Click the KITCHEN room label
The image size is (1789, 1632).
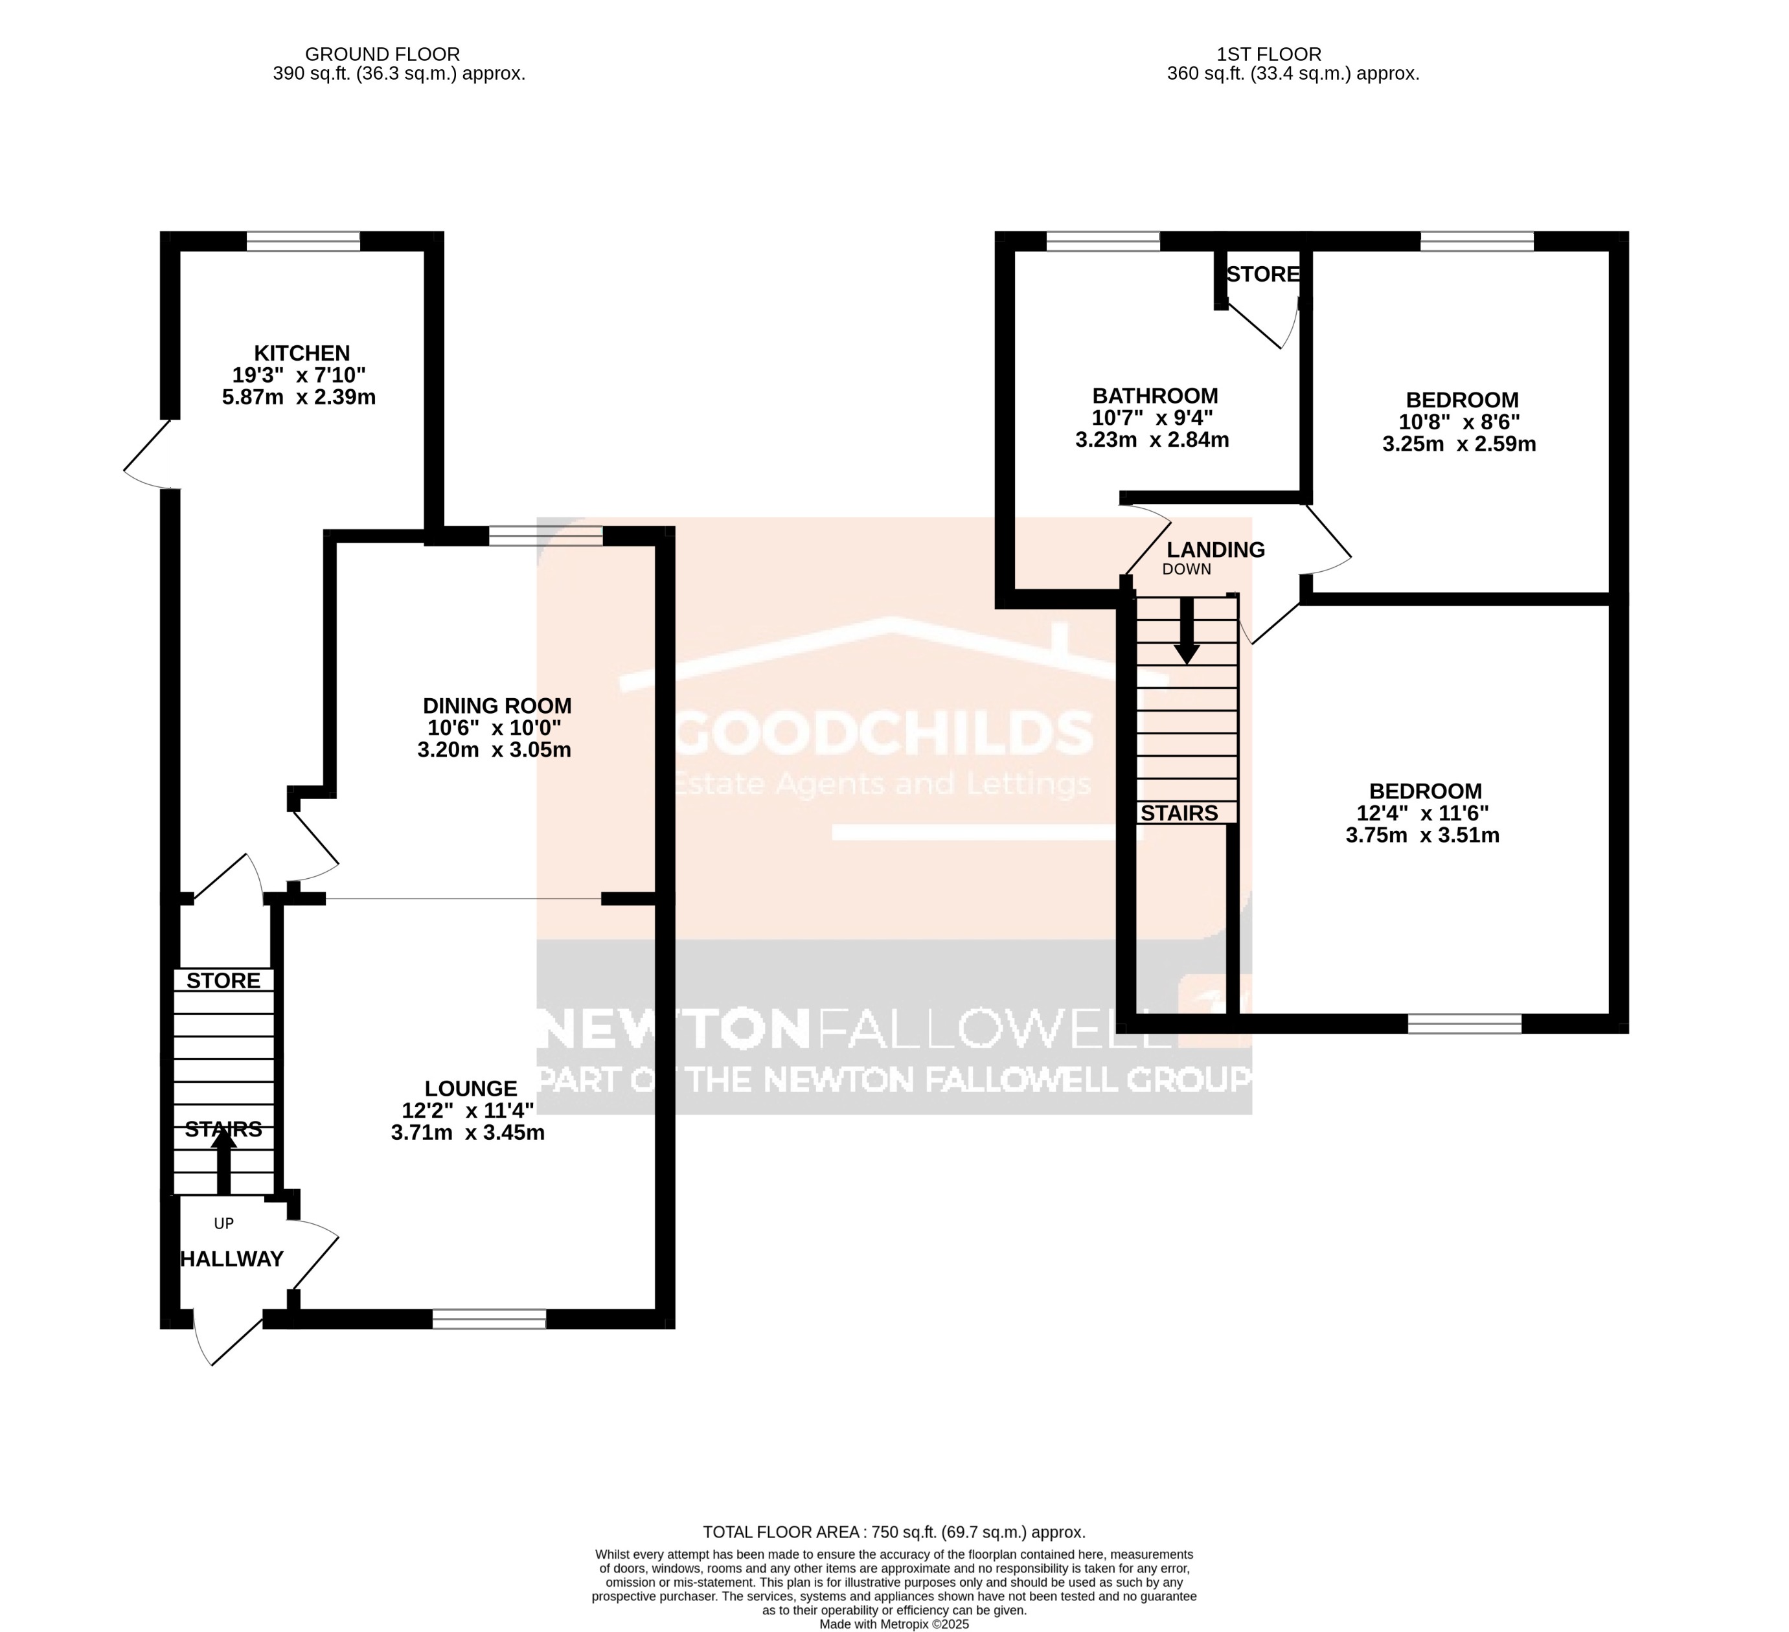pyautogui.click(x=302, y=353)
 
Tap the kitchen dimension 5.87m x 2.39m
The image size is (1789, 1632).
pyautogui.click(x=299, y=398)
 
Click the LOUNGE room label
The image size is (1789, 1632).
pyautogui.click(x=470, y=1088)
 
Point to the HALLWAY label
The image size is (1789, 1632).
pyautogui.click(x=232, y=1258)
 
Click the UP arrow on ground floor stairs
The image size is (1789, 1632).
pyautogui.click(x=223, y=1163)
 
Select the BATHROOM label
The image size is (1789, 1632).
pyautogui.click(x=1154, y=396)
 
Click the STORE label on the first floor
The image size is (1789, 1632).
pyautogui.click(x=1263, y=274)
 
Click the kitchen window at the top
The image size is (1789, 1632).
pyautogui.click(x=304, y=242)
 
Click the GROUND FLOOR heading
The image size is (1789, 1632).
pyautogui.click(x=382, y=54)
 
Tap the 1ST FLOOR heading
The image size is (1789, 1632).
pyautogui.click(x=1268, y=54)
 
